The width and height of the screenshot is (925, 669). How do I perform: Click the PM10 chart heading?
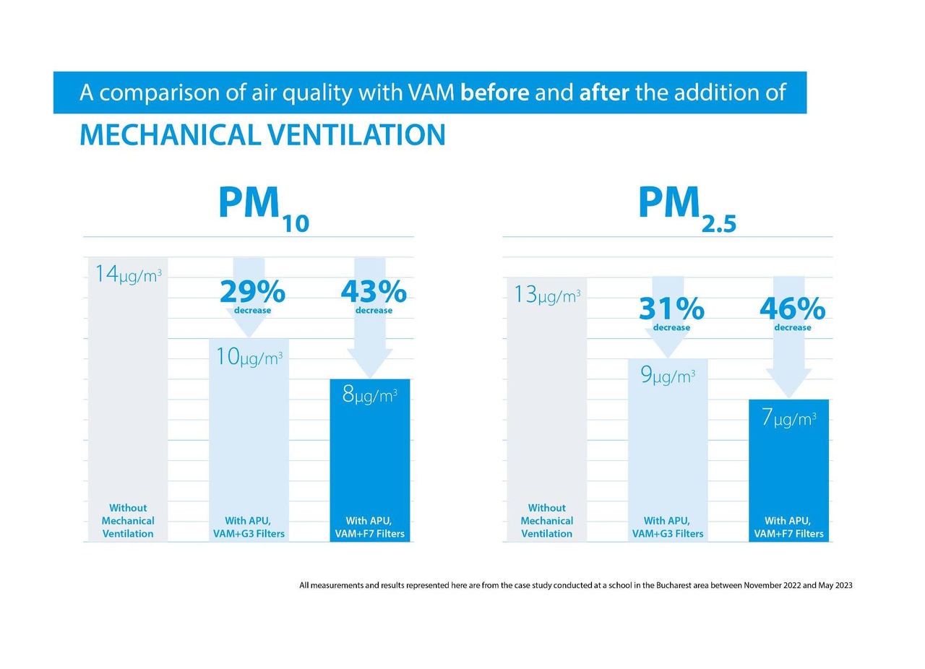pos(263,208)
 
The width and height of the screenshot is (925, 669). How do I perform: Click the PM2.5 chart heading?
pos(686,208)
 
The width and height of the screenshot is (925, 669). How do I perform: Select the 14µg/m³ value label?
pos(128,275)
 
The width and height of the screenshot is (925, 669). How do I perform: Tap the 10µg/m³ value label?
pos(249,357)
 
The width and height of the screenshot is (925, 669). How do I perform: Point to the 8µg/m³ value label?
pos(369,395)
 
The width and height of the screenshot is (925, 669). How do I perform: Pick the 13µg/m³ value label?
pos(547,295)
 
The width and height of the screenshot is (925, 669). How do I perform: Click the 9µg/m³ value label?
pos(668,376)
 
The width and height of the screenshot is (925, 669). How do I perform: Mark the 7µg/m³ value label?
pos(788,418)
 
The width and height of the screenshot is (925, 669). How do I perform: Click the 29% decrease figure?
pos(252,293)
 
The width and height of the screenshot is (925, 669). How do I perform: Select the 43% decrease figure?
pos(373,293)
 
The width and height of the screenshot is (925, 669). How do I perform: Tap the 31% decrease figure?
pos(671,310)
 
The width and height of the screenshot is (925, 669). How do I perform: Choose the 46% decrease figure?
pos(792,310)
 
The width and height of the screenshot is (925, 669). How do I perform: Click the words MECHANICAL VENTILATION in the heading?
pos(262,135)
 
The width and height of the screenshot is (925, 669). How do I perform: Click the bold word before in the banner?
pos(494,92)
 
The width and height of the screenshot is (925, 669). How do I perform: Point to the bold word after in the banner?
pos(604,92)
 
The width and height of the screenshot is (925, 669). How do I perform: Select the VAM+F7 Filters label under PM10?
pos(369,534)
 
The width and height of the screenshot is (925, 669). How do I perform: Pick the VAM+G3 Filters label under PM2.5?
pos(668,534)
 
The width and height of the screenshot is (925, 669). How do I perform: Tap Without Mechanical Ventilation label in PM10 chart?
pos(128,521)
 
